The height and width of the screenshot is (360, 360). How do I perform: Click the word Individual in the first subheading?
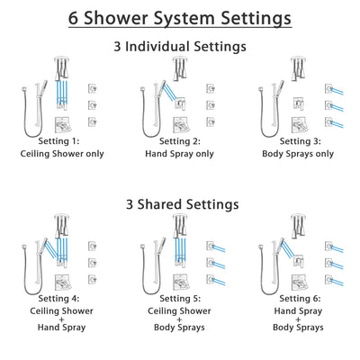click(x=170, y=46)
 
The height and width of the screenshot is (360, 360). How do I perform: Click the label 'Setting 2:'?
click(x=179, y=141)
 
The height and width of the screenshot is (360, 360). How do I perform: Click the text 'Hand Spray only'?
click(x=179, y=154)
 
